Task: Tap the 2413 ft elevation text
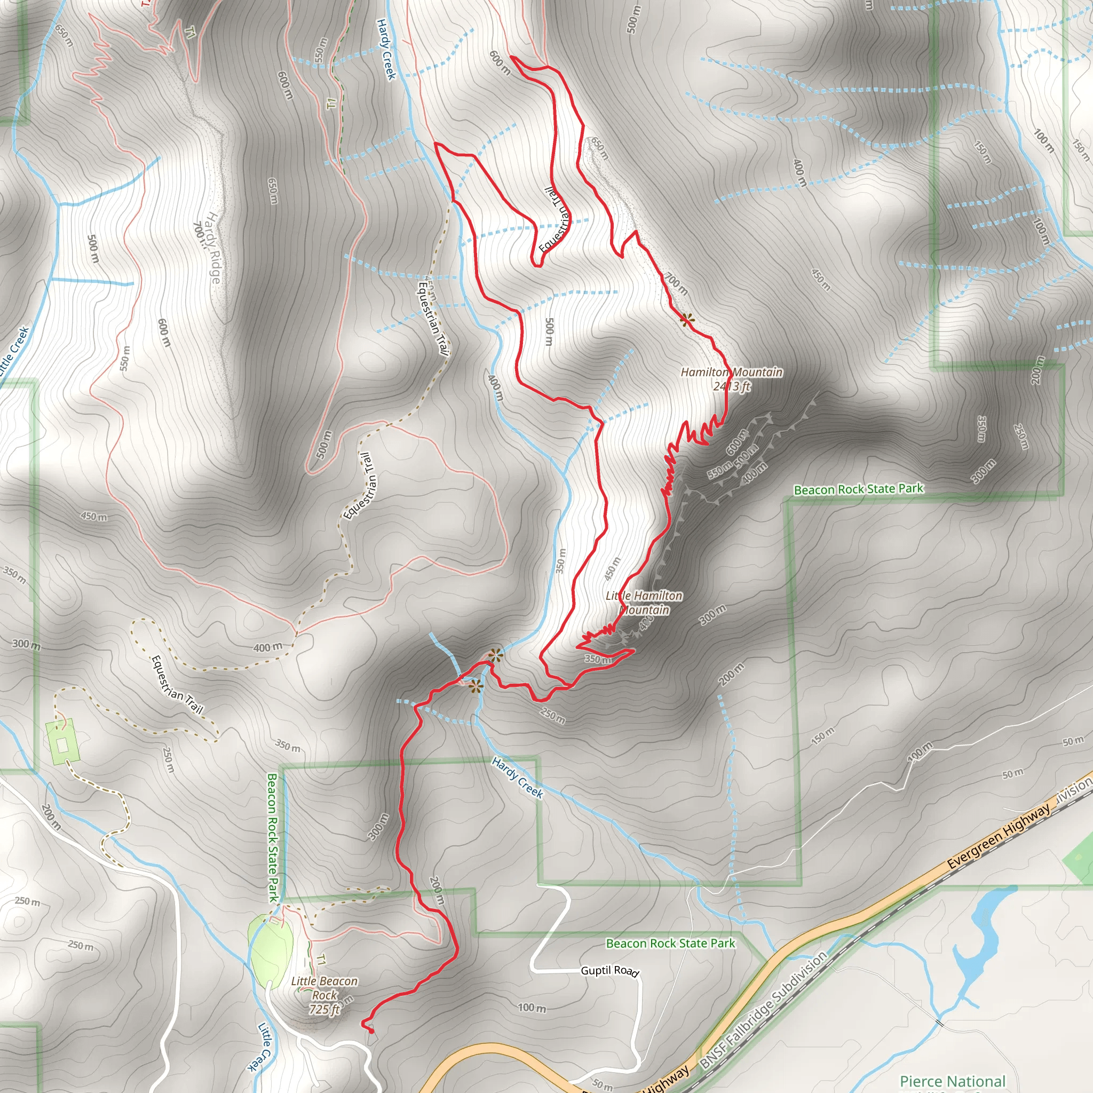(731, 386)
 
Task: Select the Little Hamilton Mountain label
(644, 603)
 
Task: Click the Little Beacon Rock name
(324, 988)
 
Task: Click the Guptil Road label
(609, 971)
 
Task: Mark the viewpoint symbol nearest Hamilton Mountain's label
(686, 320)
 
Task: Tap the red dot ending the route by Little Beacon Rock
(371, 1031)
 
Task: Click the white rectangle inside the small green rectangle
(62, 746)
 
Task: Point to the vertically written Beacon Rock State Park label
(273, 837)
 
